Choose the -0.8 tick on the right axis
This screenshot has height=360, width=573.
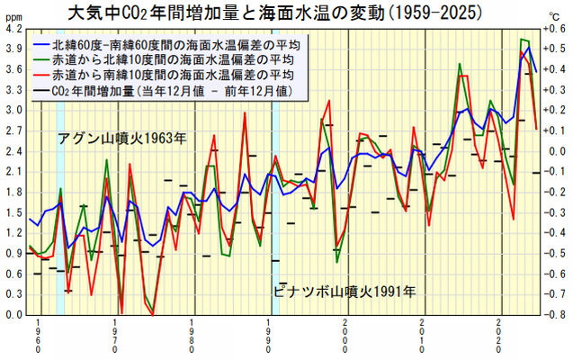point(555,316)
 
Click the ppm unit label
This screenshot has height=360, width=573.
point(13,16)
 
